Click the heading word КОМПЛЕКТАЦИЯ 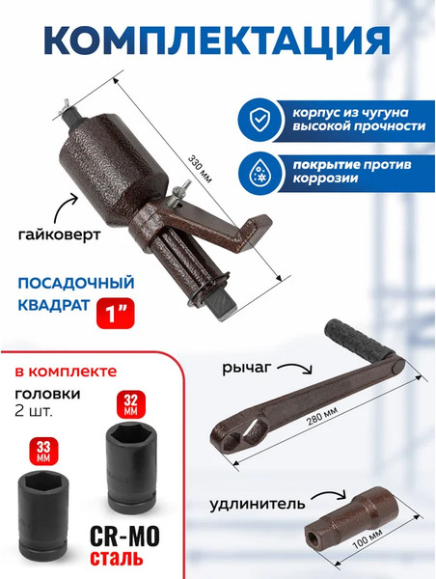point(218,41)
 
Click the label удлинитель point(253,503)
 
